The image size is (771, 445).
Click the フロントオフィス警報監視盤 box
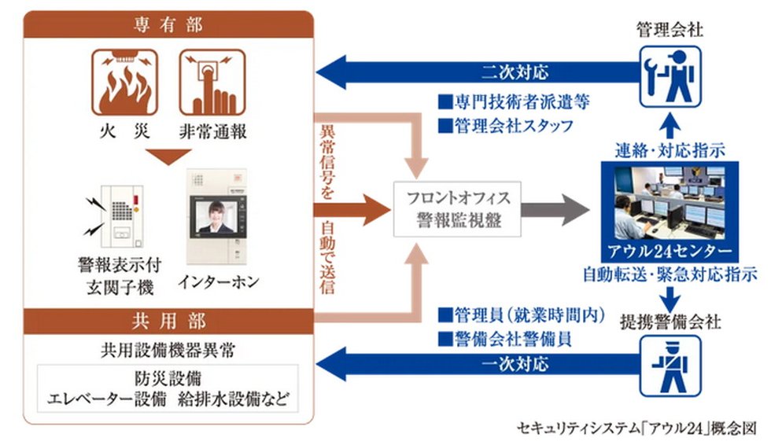tap(459, 208)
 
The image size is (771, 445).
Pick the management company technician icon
tap(670, 76)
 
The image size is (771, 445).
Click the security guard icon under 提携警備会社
tap(670, 365)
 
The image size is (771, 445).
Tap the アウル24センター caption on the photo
tap(670, 252)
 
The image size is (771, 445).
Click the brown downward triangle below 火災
tap(168, 155)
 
